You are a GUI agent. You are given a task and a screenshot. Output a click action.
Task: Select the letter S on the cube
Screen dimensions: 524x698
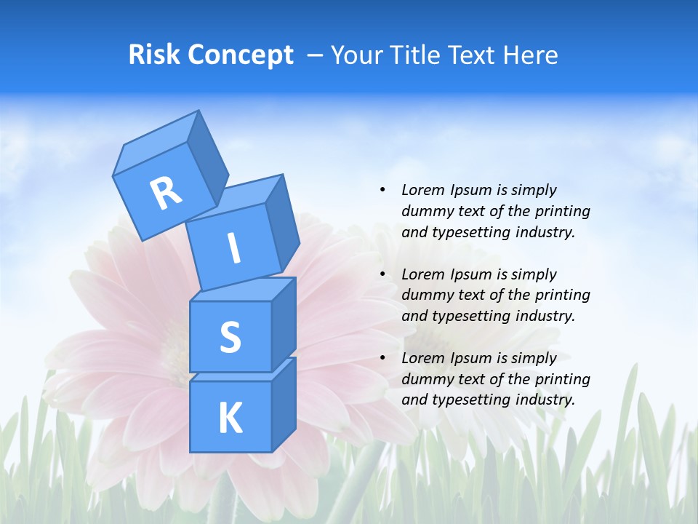(x=230, y=337)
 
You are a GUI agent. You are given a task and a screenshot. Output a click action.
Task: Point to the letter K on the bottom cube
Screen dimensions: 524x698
(x=230, y=418)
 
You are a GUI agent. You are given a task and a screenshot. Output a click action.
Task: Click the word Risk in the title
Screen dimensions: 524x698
(x=154, y=55)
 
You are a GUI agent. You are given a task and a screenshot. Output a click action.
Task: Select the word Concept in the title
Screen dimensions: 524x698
(x=240, y=55)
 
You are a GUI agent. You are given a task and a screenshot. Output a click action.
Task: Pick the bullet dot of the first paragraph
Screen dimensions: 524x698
(x=382, y=190)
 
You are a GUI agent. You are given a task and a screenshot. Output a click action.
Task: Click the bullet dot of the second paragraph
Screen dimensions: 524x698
(x=382, y=274)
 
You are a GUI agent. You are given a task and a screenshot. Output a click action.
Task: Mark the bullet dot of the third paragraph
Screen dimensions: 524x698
(x=382, y=358)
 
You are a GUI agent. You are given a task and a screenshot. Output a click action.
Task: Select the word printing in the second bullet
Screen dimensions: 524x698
(x=563, y=295)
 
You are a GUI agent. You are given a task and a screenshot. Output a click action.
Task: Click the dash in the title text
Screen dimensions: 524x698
(x=315, y=55)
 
